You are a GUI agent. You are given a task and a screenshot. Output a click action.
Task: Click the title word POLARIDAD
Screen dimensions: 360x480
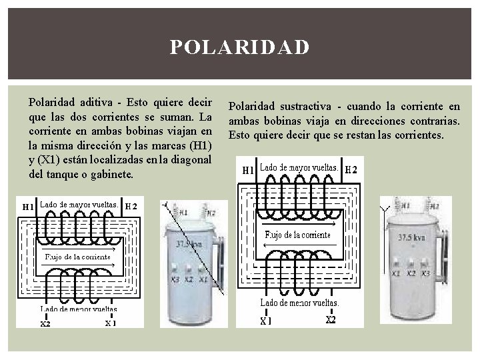click(239, 48)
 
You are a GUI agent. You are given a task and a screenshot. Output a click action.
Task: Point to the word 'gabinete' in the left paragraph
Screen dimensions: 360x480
click(113, 174)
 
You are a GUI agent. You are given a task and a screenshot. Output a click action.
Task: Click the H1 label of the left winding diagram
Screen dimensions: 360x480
click(28, 207)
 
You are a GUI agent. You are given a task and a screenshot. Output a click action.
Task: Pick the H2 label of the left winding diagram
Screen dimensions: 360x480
click(131, 205)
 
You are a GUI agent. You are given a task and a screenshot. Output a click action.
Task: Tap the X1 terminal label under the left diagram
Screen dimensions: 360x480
click(110, 324)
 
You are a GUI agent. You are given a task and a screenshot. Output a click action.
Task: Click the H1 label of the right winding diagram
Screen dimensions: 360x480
click(247, 170)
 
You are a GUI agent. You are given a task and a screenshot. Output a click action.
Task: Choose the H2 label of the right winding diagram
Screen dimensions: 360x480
click(351, 169)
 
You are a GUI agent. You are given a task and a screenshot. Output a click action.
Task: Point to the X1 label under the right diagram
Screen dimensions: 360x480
click(266, 321)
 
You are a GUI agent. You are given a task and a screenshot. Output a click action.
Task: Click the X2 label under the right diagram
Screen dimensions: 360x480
click(331, 319)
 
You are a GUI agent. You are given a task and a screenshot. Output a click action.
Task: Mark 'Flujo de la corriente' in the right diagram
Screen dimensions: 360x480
click(297, 235)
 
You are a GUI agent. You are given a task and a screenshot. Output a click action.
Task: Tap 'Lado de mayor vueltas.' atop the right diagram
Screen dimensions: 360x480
click(299, 167)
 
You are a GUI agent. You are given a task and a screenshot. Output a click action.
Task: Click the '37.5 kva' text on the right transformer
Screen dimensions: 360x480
click(414, 237)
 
